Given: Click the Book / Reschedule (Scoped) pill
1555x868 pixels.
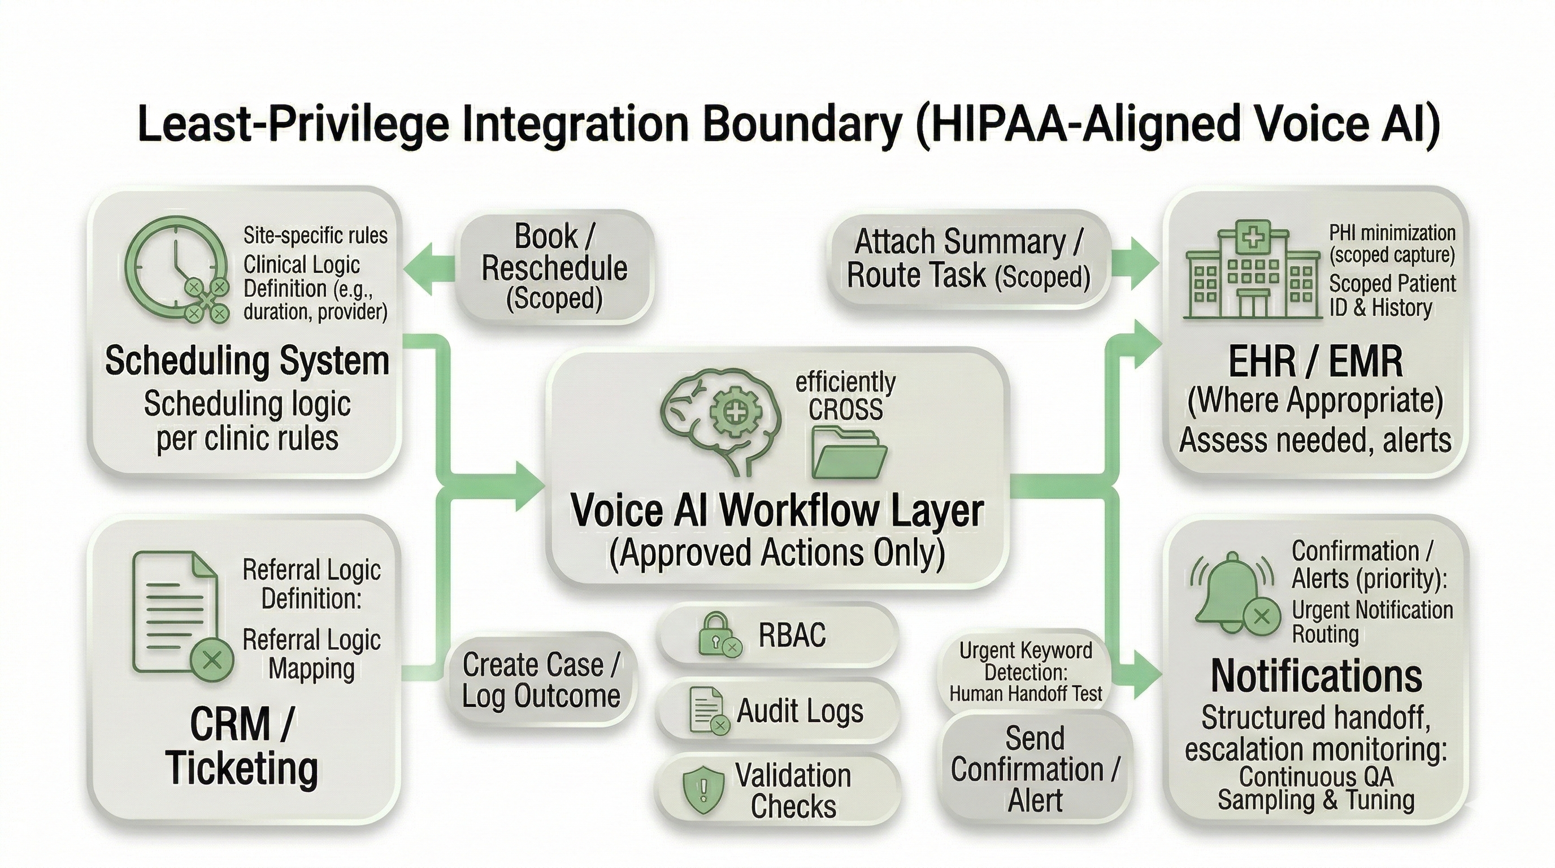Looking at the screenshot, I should point(554,267).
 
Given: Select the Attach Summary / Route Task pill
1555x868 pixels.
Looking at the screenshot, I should point(968,259).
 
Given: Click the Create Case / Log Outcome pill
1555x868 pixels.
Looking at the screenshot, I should point(541,680).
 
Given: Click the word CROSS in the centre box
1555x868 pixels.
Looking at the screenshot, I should point(846,410).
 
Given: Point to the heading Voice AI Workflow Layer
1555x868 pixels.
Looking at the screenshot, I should point(777,511).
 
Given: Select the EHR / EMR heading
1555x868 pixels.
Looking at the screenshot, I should point(1315,362).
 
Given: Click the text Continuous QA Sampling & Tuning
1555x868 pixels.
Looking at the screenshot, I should point(1316,788).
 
